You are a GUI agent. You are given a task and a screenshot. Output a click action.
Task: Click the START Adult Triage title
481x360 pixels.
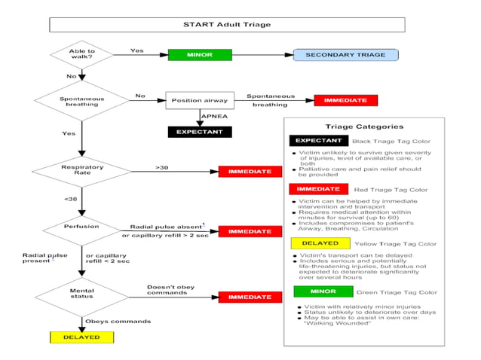(x=226, y=25)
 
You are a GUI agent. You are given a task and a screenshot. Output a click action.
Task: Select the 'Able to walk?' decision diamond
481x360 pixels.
(x=82, y=55)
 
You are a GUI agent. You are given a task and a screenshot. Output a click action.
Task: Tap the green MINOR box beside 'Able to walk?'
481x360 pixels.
(x=199, y=55)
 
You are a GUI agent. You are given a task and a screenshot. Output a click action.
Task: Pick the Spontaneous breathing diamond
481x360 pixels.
(x=82, y=100)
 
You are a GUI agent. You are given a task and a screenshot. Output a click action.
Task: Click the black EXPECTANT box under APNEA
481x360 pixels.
(x=199, y=132)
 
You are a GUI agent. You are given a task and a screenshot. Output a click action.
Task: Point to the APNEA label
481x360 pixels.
(x=214, y=117)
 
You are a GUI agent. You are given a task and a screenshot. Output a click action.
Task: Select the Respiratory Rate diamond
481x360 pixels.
(x=82, y=172)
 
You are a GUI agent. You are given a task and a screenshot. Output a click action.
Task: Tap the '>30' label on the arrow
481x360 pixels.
(x=162, y=165)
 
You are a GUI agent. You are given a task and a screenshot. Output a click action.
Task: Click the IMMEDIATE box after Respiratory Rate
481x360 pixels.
(x=250, y=172)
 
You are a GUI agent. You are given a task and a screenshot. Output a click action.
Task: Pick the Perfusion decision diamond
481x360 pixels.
(x=82, y=226)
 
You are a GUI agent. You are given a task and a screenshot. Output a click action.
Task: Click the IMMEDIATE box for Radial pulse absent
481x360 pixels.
(x=250, y=231)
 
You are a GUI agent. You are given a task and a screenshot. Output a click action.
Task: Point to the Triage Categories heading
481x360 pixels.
(x=364, y=127)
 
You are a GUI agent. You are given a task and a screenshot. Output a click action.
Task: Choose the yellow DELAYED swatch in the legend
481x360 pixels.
(x=320, y=243)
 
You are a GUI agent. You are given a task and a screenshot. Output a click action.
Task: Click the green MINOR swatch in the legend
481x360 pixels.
(x=320, y=292)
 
